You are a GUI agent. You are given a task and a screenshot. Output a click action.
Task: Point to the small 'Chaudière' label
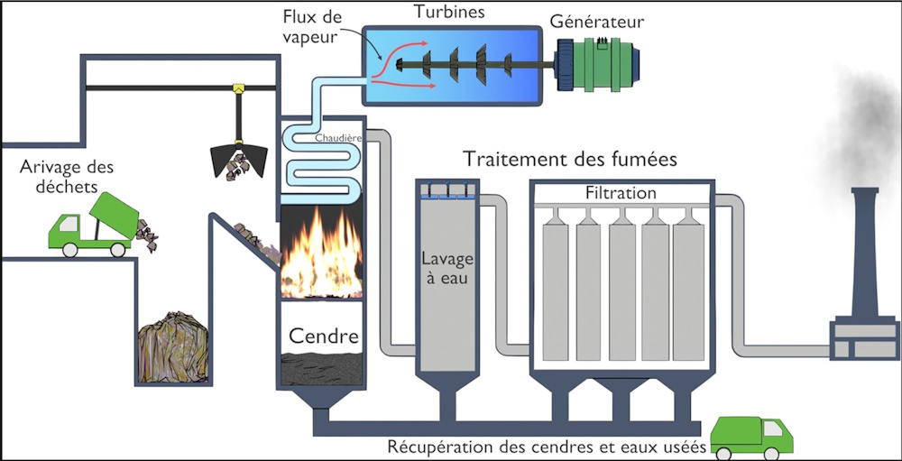coord(337,138)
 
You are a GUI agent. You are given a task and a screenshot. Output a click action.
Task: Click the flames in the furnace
coord(322,254)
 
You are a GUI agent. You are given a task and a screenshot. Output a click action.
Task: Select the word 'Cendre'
coord(323,337)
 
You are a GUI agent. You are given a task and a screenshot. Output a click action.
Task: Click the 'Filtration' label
coord(621,193)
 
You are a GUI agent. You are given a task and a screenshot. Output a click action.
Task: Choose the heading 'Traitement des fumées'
coord(570,160)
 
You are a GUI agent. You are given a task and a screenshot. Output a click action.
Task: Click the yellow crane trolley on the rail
coord(239,88)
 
